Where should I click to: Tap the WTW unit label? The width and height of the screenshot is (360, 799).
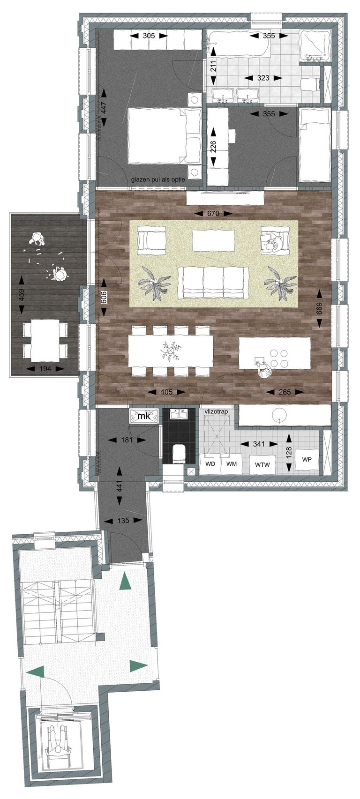pyautogui.click(x=262, y=464)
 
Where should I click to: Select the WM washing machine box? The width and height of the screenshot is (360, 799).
pyautogui.click(x=232, y=464)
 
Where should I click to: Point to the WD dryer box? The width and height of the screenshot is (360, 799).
pyautogui.click(x=210, y=464)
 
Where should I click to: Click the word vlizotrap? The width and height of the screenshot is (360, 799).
pyautogui.click(x=216, y=411)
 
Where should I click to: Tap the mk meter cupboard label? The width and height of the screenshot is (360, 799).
pyautogui.click(x=144, y=416)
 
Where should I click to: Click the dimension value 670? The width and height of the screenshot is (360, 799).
pyautogui.click(x=213, y=213)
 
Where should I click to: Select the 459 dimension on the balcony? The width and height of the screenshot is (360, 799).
pyautogui.click(x=22, y=295)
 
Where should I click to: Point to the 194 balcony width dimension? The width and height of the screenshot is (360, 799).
pyautogui.click(x=45, y=369)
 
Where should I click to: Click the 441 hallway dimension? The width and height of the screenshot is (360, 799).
pyautogui.click(x=120, y=488)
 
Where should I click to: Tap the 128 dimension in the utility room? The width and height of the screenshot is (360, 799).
pyautogui.click(x=289, y=452)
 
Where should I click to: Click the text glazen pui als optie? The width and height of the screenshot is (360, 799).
pyautogui.click(x=158, y=179)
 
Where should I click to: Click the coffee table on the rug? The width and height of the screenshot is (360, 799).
pyautogui.click(x=213, y=240)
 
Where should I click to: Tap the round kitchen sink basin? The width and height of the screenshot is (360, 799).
pyautogui.click(x=277, y=414)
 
